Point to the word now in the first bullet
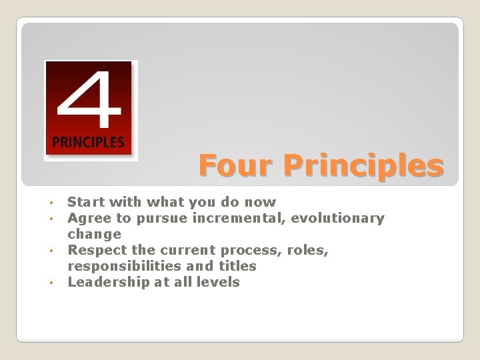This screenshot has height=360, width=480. click(261, 201)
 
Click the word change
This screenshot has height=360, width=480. click(95, 234)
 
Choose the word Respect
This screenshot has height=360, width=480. click(96, 250)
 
